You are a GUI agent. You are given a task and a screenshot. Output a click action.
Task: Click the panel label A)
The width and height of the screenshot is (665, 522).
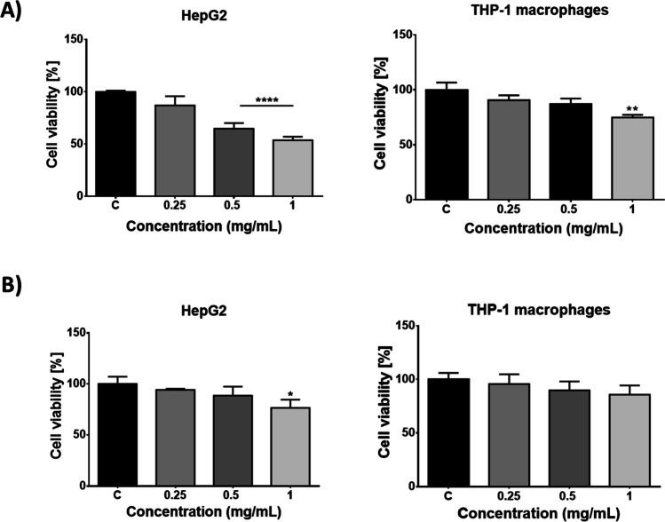tap(16, 17)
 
